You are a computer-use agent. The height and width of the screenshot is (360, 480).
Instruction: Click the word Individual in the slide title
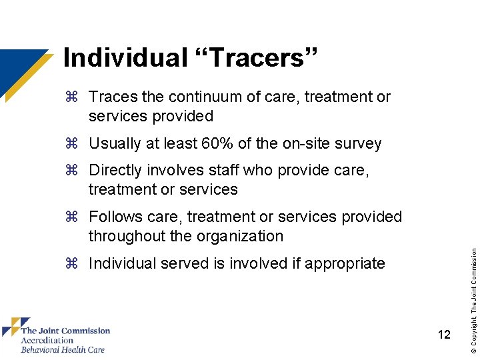pos(125,58)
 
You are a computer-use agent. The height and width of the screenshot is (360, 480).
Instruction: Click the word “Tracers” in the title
pos(257,58)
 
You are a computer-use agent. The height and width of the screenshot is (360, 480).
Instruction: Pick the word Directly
pos(115,171)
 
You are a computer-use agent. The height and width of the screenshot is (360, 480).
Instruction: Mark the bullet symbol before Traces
pos(73,97)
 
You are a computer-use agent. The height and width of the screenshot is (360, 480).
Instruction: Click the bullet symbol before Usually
pos(73,144)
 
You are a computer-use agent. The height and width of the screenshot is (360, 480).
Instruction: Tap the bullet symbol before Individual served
pos(73,264)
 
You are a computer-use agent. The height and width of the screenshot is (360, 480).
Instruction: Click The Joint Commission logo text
pos(65,331)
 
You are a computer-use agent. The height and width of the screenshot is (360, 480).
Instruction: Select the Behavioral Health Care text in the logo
pos(63,349)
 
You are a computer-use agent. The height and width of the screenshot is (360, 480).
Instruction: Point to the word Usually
pos(114,144)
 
